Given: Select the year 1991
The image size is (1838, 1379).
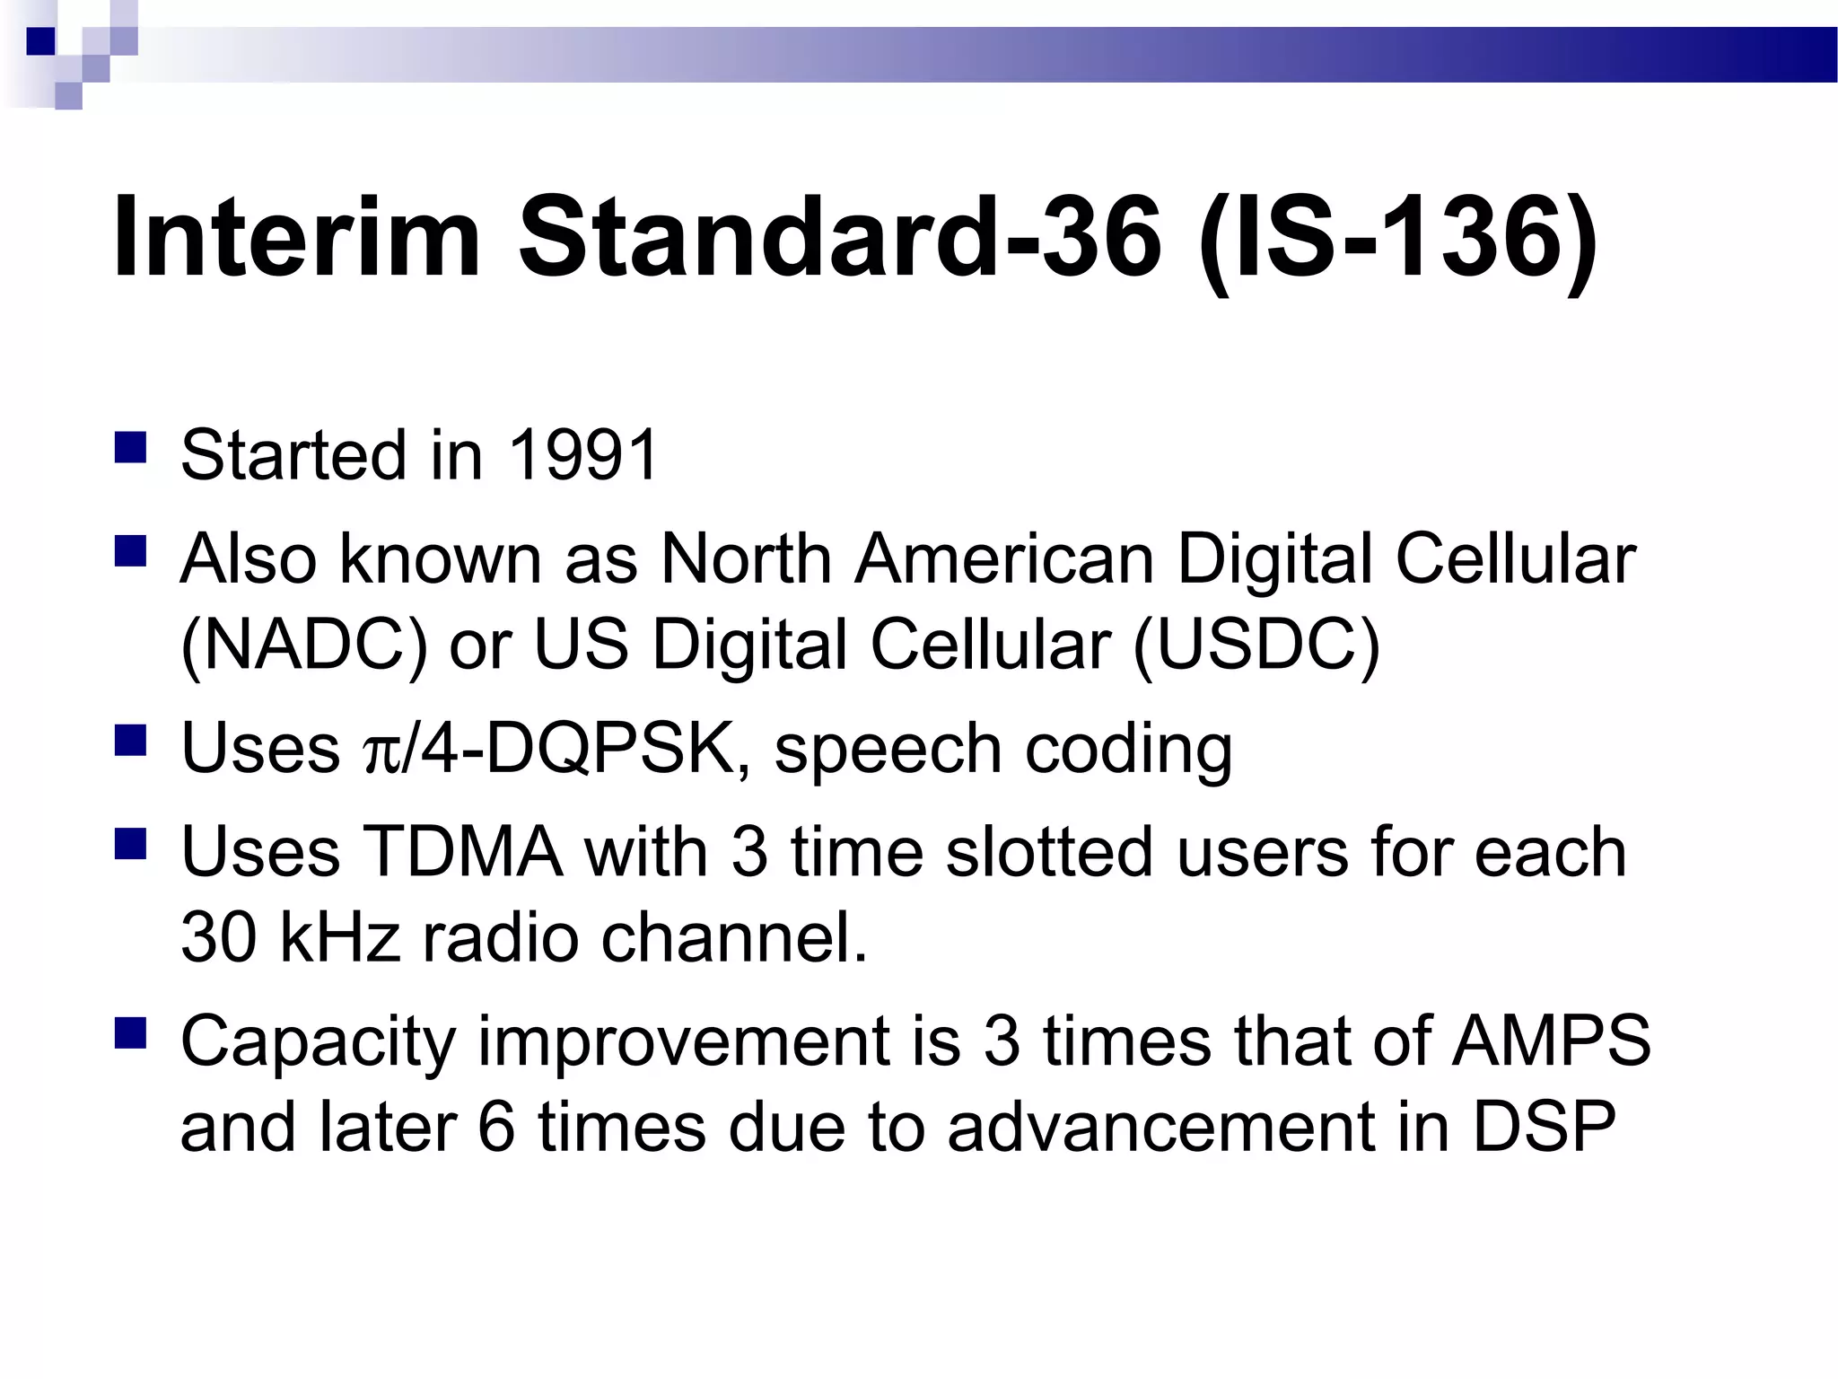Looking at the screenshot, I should [x=583, y=455].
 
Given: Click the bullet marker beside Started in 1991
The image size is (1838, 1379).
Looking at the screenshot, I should [x=131, y=447].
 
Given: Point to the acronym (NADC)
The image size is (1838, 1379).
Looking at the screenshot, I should [x=303, y=645].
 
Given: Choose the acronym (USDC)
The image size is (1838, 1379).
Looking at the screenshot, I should [x=1256, y=645].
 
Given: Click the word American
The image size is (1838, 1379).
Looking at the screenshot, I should [x=1003, y=559].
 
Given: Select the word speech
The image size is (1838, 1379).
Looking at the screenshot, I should [x=887, y=751].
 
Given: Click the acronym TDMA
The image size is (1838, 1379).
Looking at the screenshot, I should [x=462, y=852].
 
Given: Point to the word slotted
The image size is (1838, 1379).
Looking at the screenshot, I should [x=1048, y=852].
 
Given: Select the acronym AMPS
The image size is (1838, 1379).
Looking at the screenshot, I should [x=1551, y=1041].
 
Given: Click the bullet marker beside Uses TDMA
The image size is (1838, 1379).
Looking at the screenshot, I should [x=131, y=844].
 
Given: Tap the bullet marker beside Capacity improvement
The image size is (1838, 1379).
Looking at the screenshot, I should [x=131, y=1033].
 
